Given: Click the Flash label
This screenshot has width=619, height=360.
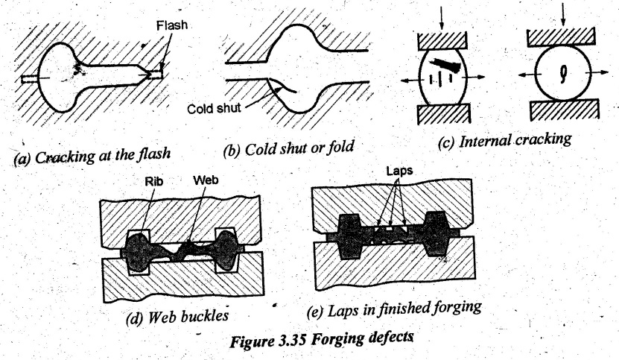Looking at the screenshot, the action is point(172,25).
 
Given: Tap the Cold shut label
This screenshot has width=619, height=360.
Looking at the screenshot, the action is point(214,108).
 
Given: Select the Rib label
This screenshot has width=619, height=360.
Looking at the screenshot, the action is point(154,181).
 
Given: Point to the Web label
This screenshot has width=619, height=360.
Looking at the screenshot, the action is point(206,180).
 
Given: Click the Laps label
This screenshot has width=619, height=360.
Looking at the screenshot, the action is point(399,171).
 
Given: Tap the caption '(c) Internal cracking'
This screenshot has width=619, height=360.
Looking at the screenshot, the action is point(504,140).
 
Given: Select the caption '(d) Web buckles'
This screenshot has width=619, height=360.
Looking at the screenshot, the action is point(177,317).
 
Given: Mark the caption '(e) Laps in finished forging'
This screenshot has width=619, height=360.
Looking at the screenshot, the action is point(394,309).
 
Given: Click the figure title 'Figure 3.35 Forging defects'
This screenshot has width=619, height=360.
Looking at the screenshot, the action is point(322,339).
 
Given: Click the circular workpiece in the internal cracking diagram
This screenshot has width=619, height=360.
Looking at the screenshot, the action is point(563,73).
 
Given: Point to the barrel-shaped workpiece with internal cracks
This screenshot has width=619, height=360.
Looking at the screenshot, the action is point(442,77).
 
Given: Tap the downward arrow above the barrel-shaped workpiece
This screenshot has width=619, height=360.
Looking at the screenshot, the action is point(442,19).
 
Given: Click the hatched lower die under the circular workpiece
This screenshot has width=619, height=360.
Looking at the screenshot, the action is point(565,110).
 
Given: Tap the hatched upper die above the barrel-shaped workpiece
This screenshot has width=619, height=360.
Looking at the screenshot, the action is point(442,41).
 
